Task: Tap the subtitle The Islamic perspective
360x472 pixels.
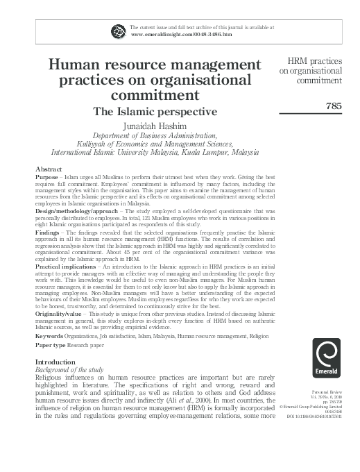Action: (x=155, y=110)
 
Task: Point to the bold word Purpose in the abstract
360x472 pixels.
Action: (x=47, y=177)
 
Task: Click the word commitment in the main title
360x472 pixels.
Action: (x=155, y=94)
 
